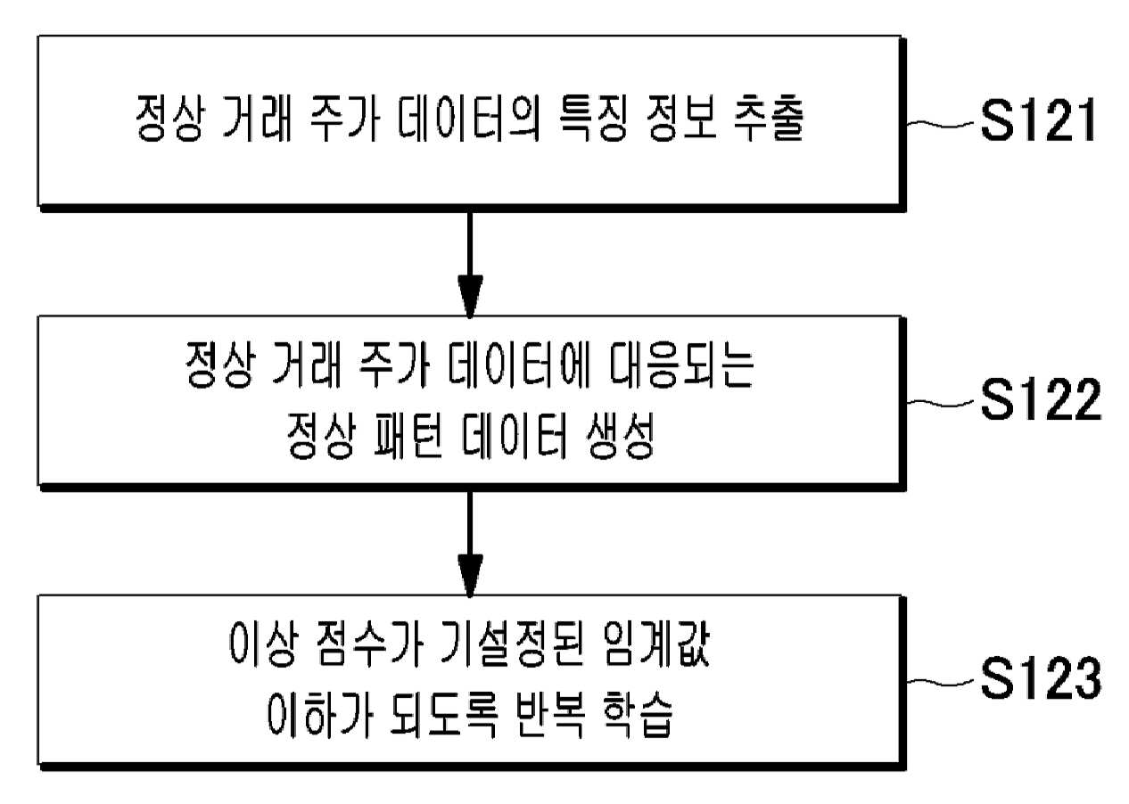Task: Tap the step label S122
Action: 1041,399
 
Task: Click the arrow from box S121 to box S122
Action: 470,265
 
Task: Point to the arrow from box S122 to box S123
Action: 470,544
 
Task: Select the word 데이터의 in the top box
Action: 469,118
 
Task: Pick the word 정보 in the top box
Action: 680,118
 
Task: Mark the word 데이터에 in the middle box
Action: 519,365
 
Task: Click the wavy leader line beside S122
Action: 941,402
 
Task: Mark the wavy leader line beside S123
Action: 941,682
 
